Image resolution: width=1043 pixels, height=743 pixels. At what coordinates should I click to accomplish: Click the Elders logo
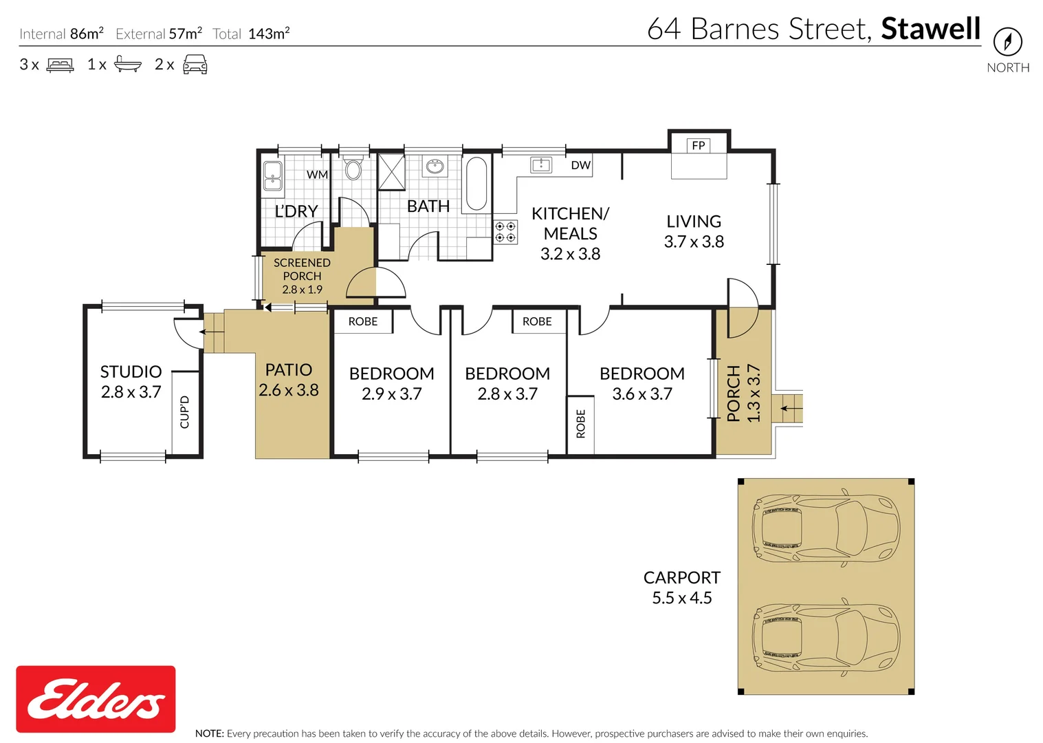pos(96,699)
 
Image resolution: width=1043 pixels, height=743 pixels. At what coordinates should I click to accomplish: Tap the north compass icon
pos(1007,42)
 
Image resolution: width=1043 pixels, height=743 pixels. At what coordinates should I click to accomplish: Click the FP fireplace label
pos(698,145)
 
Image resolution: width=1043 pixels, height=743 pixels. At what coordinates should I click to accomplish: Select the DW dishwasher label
pos(580,165)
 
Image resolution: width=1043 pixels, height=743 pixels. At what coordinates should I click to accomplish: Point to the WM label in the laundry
pos(317,175)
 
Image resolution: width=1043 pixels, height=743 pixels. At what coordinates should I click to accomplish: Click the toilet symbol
pos(353,169)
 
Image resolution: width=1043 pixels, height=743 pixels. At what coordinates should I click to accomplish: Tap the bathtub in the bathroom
pos(476,184)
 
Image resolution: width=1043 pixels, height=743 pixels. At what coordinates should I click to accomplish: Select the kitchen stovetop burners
pos(505,232)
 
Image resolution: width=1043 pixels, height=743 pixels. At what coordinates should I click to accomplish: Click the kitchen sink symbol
pos(541,164)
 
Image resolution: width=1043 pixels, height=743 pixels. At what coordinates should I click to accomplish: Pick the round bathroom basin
pos(435,166)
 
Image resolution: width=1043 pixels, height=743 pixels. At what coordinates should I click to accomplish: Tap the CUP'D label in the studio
pos(184,412)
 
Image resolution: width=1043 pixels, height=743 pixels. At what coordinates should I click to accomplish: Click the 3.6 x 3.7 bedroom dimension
pos(642,394)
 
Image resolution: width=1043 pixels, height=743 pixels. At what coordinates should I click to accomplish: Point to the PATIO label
pos(289,370)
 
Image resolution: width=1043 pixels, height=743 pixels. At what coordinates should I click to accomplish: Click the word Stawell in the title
pos(930,29)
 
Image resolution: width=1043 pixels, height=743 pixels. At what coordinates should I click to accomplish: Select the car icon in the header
pos(195,65)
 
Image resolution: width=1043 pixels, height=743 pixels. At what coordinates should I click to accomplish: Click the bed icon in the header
pos(61,65)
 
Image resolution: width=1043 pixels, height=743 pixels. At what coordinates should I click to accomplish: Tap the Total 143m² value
pos(269,34)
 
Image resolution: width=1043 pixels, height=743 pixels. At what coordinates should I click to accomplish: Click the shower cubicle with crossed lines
pos(391,172)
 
